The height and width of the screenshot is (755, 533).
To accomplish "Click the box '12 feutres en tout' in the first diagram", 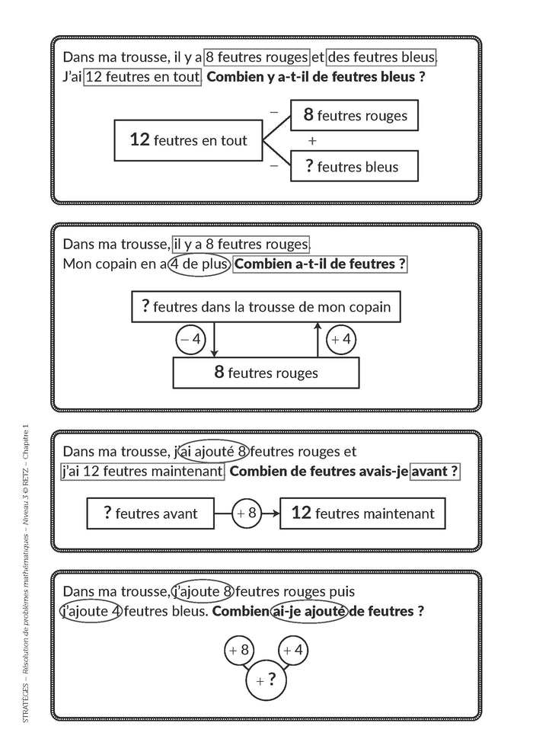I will (x=188, y=140).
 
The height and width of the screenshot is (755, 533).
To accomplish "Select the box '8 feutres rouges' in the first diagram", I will (x=354, y=116).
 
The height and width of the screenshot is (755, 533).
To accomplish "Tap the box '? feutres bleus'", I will (x=354, y=166).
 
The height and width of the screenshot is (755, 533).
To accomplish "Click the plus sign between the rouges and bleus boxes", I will (x=312, y=141).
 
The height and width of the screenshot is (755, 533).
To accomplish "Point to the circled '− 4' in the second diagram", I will (x=190, y=340).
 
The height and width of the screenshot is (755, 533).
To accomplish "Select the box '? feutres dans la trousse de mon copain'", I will (x=266, y=307).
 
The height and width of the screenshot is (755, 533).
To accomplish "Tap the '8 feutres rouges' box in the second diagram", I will (x=266, y=373).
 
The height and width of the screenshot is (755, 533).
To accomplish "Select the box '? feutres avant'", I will (x=150, y=513).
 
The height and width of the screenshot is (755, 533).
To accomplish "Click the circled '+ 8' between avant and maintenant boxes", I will (x=246, y=513).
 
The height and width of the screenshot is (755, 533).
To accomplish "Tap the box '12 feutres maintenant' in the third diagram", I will (x=362, y=513).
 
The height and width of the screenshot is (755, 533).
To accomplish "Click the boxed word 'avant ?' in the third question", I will (x=435, y=471).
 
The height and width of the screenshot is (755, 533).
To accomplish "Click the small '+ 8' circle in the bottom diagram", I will (x=239, y=651).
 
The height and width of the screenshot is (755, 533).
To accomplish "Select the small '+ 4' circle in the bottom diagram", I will (x=293, y=651).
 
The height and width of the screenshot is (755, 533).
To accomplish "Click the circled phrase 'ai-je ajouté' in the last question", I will (x=308, y=611).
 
